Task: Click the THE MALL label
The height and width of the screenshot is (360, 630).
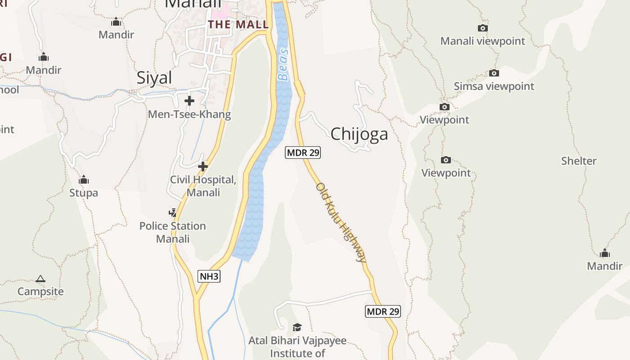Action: coord(238,25)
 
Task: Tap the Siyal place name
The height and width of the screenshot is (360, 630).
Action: coord(154,78)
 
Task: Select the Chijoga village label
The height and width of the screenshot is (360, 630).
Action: coord(359,134)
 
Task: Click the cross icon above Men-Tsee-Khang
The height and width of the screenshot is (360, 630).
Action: coord(189,101)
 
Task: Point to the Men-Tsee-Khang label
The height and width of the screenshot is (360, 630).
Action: coord(189,114)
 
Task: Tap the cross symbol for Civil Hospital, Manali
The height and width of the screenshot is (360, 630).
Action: coord(203,167)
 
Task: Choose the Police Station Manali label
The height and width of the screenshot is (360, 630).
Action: coord(173,232)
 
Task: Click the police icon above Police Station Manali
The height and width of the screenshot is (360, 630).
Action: coord(173,212)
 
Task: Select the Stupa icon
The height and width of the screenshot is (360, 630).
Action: coord(84,180)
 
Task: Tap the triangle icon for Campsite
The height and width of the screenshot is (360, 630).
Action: coord(40,279)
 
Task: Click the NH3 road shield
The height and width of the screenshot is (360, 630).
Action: coord(209,276)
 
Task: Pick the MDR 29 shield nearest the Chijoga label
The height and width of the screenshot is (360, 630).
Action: coord(303,153)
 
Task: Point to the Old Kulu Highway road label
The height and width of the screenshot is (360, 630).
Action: coord(341,222)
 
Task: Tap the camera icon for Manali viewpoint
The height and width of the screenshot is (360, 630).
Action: coord(483,28)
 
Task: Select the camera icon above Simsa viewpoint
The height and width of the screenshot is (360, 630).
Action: coord(494,73)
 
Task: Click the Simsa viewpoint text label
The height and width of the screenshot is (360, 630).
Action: coord(494,86)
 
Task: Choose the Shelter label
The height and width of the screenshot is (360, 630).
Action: coord(579,161)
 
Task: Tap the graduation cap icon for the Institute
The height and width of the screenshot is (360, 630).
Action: coord(297,327)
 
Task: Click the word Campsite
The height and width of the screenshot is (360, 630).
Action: coord(40,292)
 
